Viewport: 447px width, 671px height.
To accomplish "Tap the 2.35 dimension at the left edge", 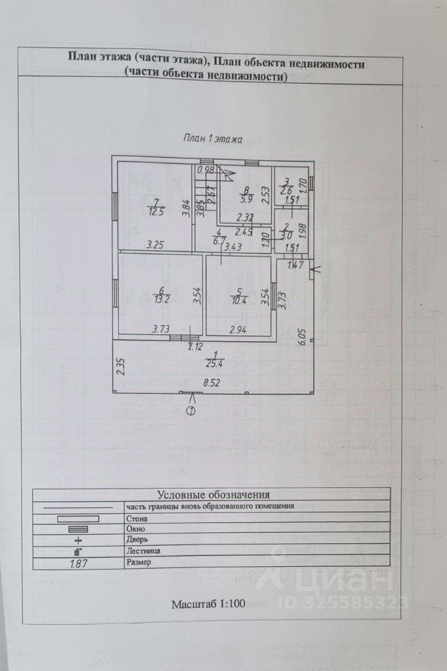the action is [120, 368].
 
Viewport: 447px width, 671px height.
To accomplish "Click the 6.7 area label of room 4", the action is [219, 241].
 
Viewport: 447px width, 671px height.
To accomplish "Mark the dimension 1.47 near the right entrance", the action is [295, 266].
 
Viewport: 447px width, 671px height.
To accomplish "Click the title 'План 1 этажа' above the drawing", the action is [212, 138].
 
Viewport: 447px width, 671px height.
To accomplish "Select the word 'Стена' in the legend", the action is [136, 519].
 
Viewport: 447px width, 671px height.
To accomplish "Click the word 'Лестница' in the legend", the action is [142, 551].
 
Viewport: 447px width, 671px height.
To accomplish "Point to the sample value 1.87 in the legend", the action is [78, 562].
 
